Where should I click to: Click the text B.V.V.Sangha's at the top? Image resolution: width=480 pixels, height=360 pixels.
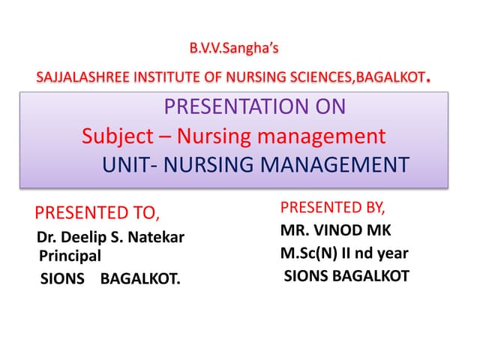(234, 49)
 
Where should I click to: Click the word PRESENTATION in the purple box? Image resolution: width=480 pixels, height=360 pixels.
(228, 106)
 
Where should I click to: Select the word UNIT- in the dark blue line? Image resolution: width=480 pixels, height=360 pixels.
(125, 165)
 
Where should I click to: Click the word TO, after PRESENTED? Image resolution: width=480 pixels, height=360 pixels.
(145, 211)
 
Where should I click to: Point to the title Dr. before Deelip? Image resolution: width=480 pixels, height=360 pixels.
(46, 238)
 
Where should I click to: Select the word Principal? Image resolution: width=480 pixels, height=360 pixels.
(70, 256)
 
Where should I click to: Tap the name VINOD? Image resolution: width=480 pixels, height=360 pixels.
(337, 230)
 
